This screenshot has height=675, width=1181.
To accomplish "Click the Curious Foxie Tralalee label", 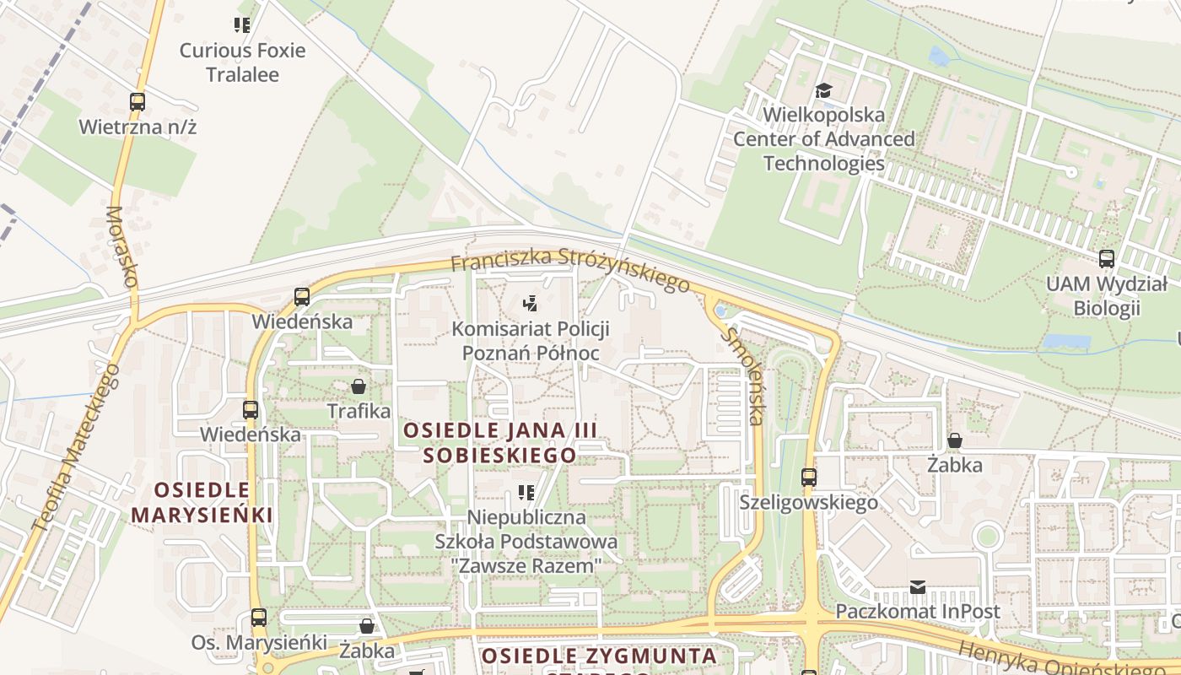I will click(242, 62).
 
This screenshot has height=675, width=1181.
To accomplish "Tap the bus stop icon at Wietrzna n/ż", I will click(138, 102).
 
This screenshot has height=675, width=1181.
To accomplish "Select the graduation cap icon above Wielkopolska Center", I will click(823, 90).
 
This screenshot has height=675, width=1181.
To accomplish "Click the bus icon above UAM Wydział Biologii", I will click(1107, 259).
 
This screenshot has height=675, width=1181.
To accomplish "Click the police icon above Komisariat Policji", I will click(530, 303).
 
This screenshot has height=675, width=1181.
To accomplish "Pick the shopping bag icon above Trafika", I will click(359, 386).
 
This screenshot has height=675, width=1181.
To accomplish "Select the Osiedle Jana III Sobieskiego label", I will click(500, 443).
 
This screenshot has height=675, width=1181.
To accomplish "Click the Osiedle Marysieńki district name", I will click(202, 502).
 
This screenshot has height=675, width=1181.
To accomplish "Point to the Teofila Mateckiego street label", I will click(76, 447).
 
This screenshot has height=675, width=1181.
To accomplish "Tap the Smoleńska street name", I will click(744, 375).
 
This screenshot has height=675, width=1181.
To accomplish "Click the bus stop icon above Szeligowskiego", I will click(809, 478).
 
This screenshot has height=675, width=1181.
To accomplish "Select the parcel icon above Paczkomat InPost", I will click(918, 586).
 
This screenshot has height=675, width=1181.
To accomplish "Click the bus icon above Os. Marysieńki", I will click(259, 618).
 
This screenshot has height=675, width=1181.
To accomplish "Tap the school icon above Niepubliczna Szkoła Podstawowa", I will click(526, 492).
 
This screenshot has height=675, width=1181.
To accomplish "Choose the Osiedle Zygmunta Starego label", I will click(599, 656).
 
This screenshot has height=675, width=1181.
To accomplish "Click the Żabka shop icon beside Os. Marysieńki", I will click(367, 626).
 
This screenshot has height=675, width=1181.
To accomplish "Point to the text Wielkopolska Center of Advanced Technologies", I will click(823, 138).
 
